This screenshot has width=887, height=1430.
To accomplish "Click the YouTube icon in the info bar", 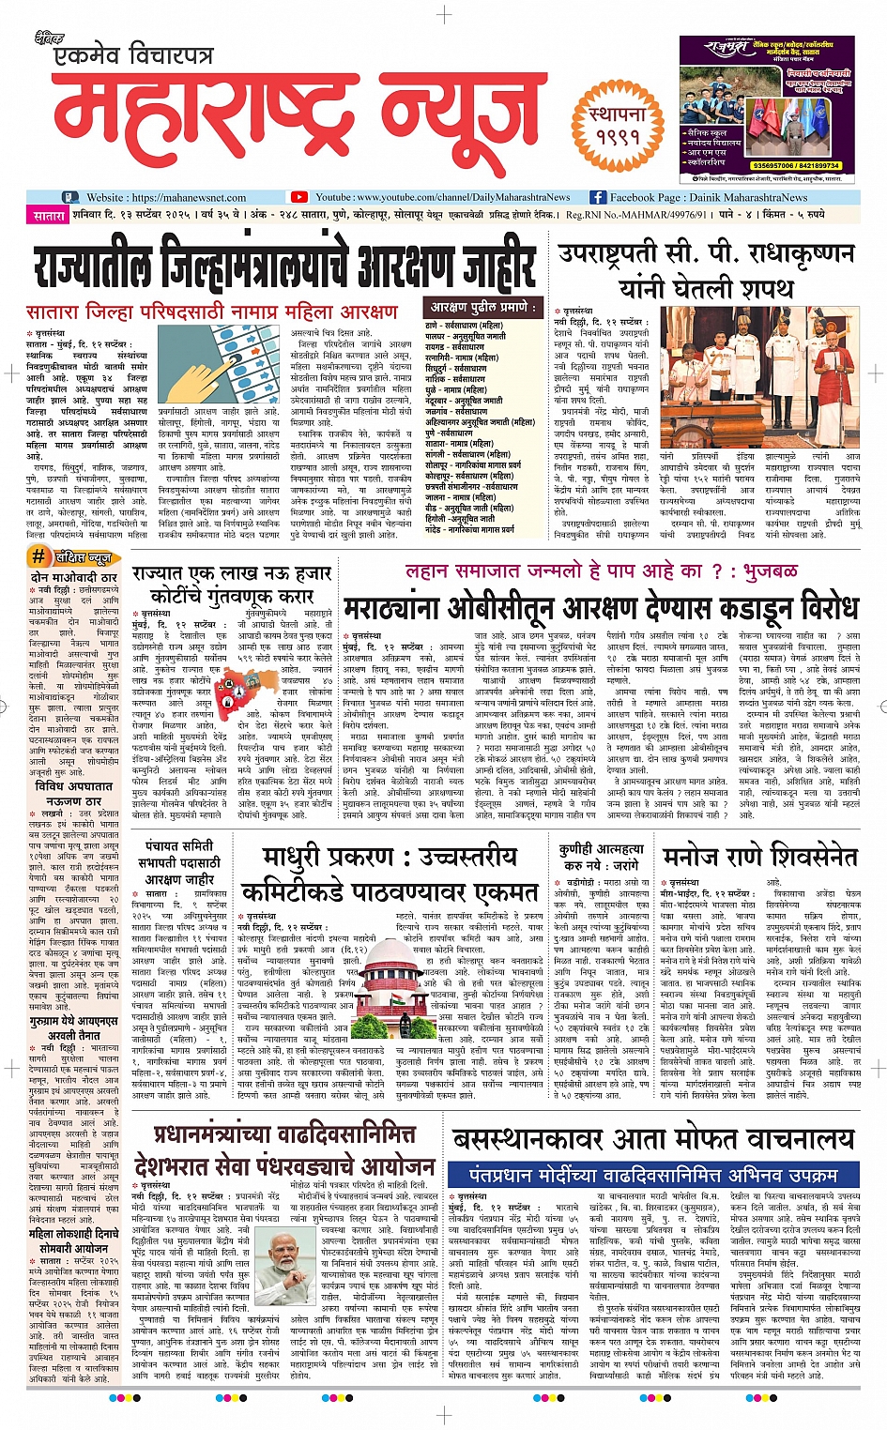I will point(299,197).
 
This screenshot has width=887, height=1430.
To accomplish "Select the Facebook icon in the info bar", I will point(598,197).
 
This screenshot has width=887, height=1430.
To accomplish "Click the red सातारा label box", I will point(49,216).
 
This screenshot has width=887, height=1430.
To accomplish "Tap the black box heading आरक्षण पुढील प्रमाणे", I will point(483,307).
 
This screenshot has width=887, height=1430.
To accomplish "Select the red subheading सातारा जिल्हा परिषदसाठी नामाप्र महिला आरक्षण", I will point(212,312).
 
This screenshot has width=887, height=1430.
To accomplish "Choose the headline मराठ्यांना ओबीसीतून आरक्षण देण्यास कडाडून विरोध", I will point(600,609).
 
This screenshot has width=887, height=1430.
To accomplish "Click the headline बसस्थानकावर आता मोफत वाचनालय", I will point(653,1139).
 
